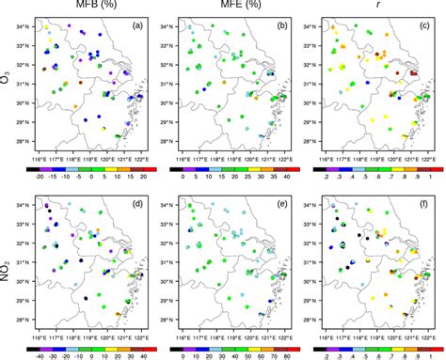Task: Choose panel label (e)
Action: pos(279,203)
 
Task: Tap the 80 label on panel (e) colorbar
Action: pos(282,357)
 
